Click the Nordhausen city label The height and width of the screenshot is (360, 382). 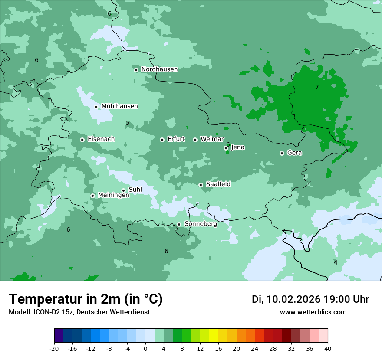coord(159,69)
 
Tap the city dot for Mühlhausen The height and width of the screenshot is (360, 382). coord(96,107)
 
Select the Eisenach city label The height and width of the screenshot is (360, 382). coord(101,139)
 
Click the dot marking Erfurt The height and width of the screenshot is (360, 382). coord(162,140)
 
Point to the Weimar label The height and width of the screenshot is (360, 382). coord(212,139)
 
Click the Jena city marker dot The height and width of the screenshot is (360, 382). coord(226,148)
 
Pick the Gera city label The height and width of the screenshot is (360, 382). coord(294,153)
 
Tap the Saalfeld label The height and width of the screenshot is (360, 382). coord(218,184)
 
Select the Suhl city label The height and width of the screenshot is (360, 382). coord(135,190)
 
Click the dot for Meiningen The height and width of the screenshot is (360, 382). coord(92,196)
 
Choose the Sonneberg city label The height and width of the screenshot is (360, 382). coord(201,224)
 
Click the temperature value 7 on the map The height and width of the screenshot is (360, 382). coord(317,87)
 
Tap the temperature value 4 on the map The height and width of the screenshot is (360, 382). coord(335,262)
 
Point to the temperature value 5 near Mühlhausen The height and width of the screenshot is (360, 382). coord(128,123)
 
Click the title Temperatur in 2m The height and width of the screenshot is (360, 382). coord(86,299)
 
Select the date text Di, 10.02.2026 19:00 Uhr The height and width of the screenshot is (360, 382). coord(310,299)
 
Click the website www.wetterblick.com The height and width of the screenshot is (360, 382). coord(313,312)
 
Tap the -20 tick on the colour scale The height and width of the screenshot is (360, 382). coord(54,348)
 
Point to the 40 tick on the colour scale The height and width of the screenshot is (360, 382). coord(327,348)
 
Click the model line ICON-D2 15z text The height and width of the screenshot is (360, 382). coord(79,312)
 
